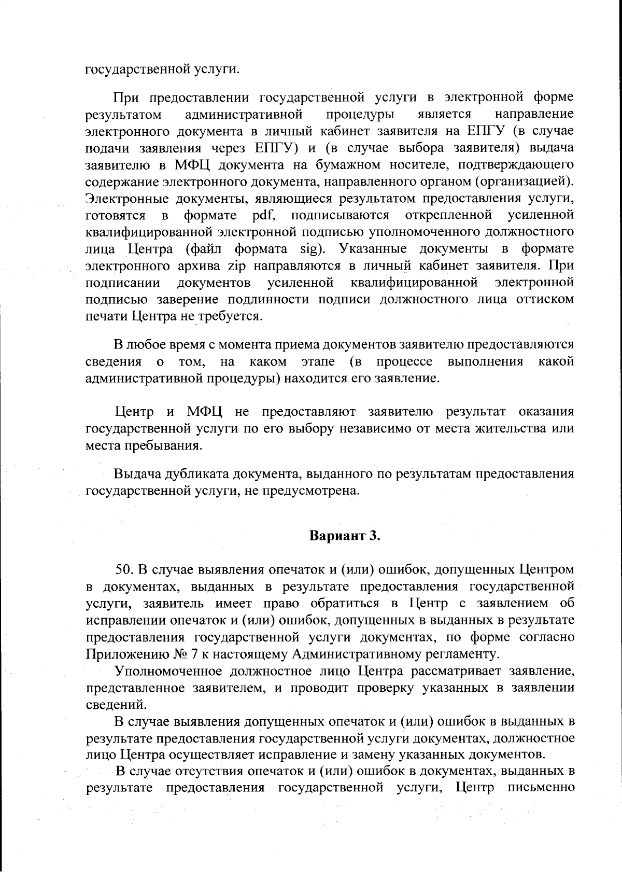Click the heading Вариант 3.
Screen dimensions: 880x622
(345, 536)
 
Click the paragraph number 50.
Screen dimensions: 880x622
(124, 569)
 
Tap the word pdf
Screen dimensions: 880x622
(264, 215)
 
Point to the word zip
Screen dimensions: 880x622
(232, 266)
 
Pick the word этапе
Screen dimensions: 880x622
(317, 361)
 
